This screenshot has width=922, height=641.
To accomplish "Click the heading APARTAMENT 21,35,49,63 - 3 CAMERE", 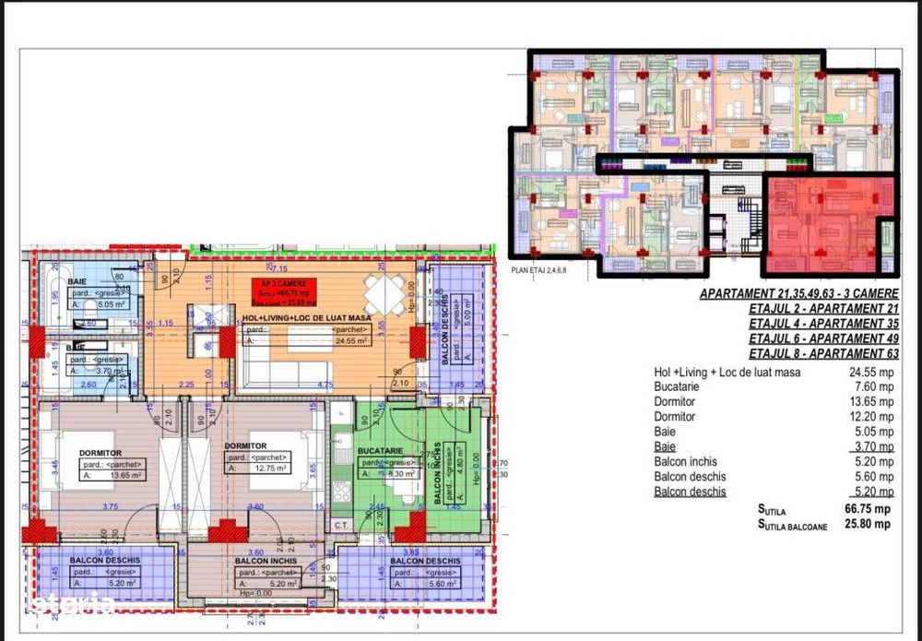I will [798, 294].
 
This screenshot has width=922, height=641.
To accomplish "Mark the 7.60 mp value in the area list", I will [872, 387].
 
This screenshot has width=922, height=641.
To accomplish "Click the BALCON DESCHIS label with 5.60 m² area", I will [425, 560].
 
